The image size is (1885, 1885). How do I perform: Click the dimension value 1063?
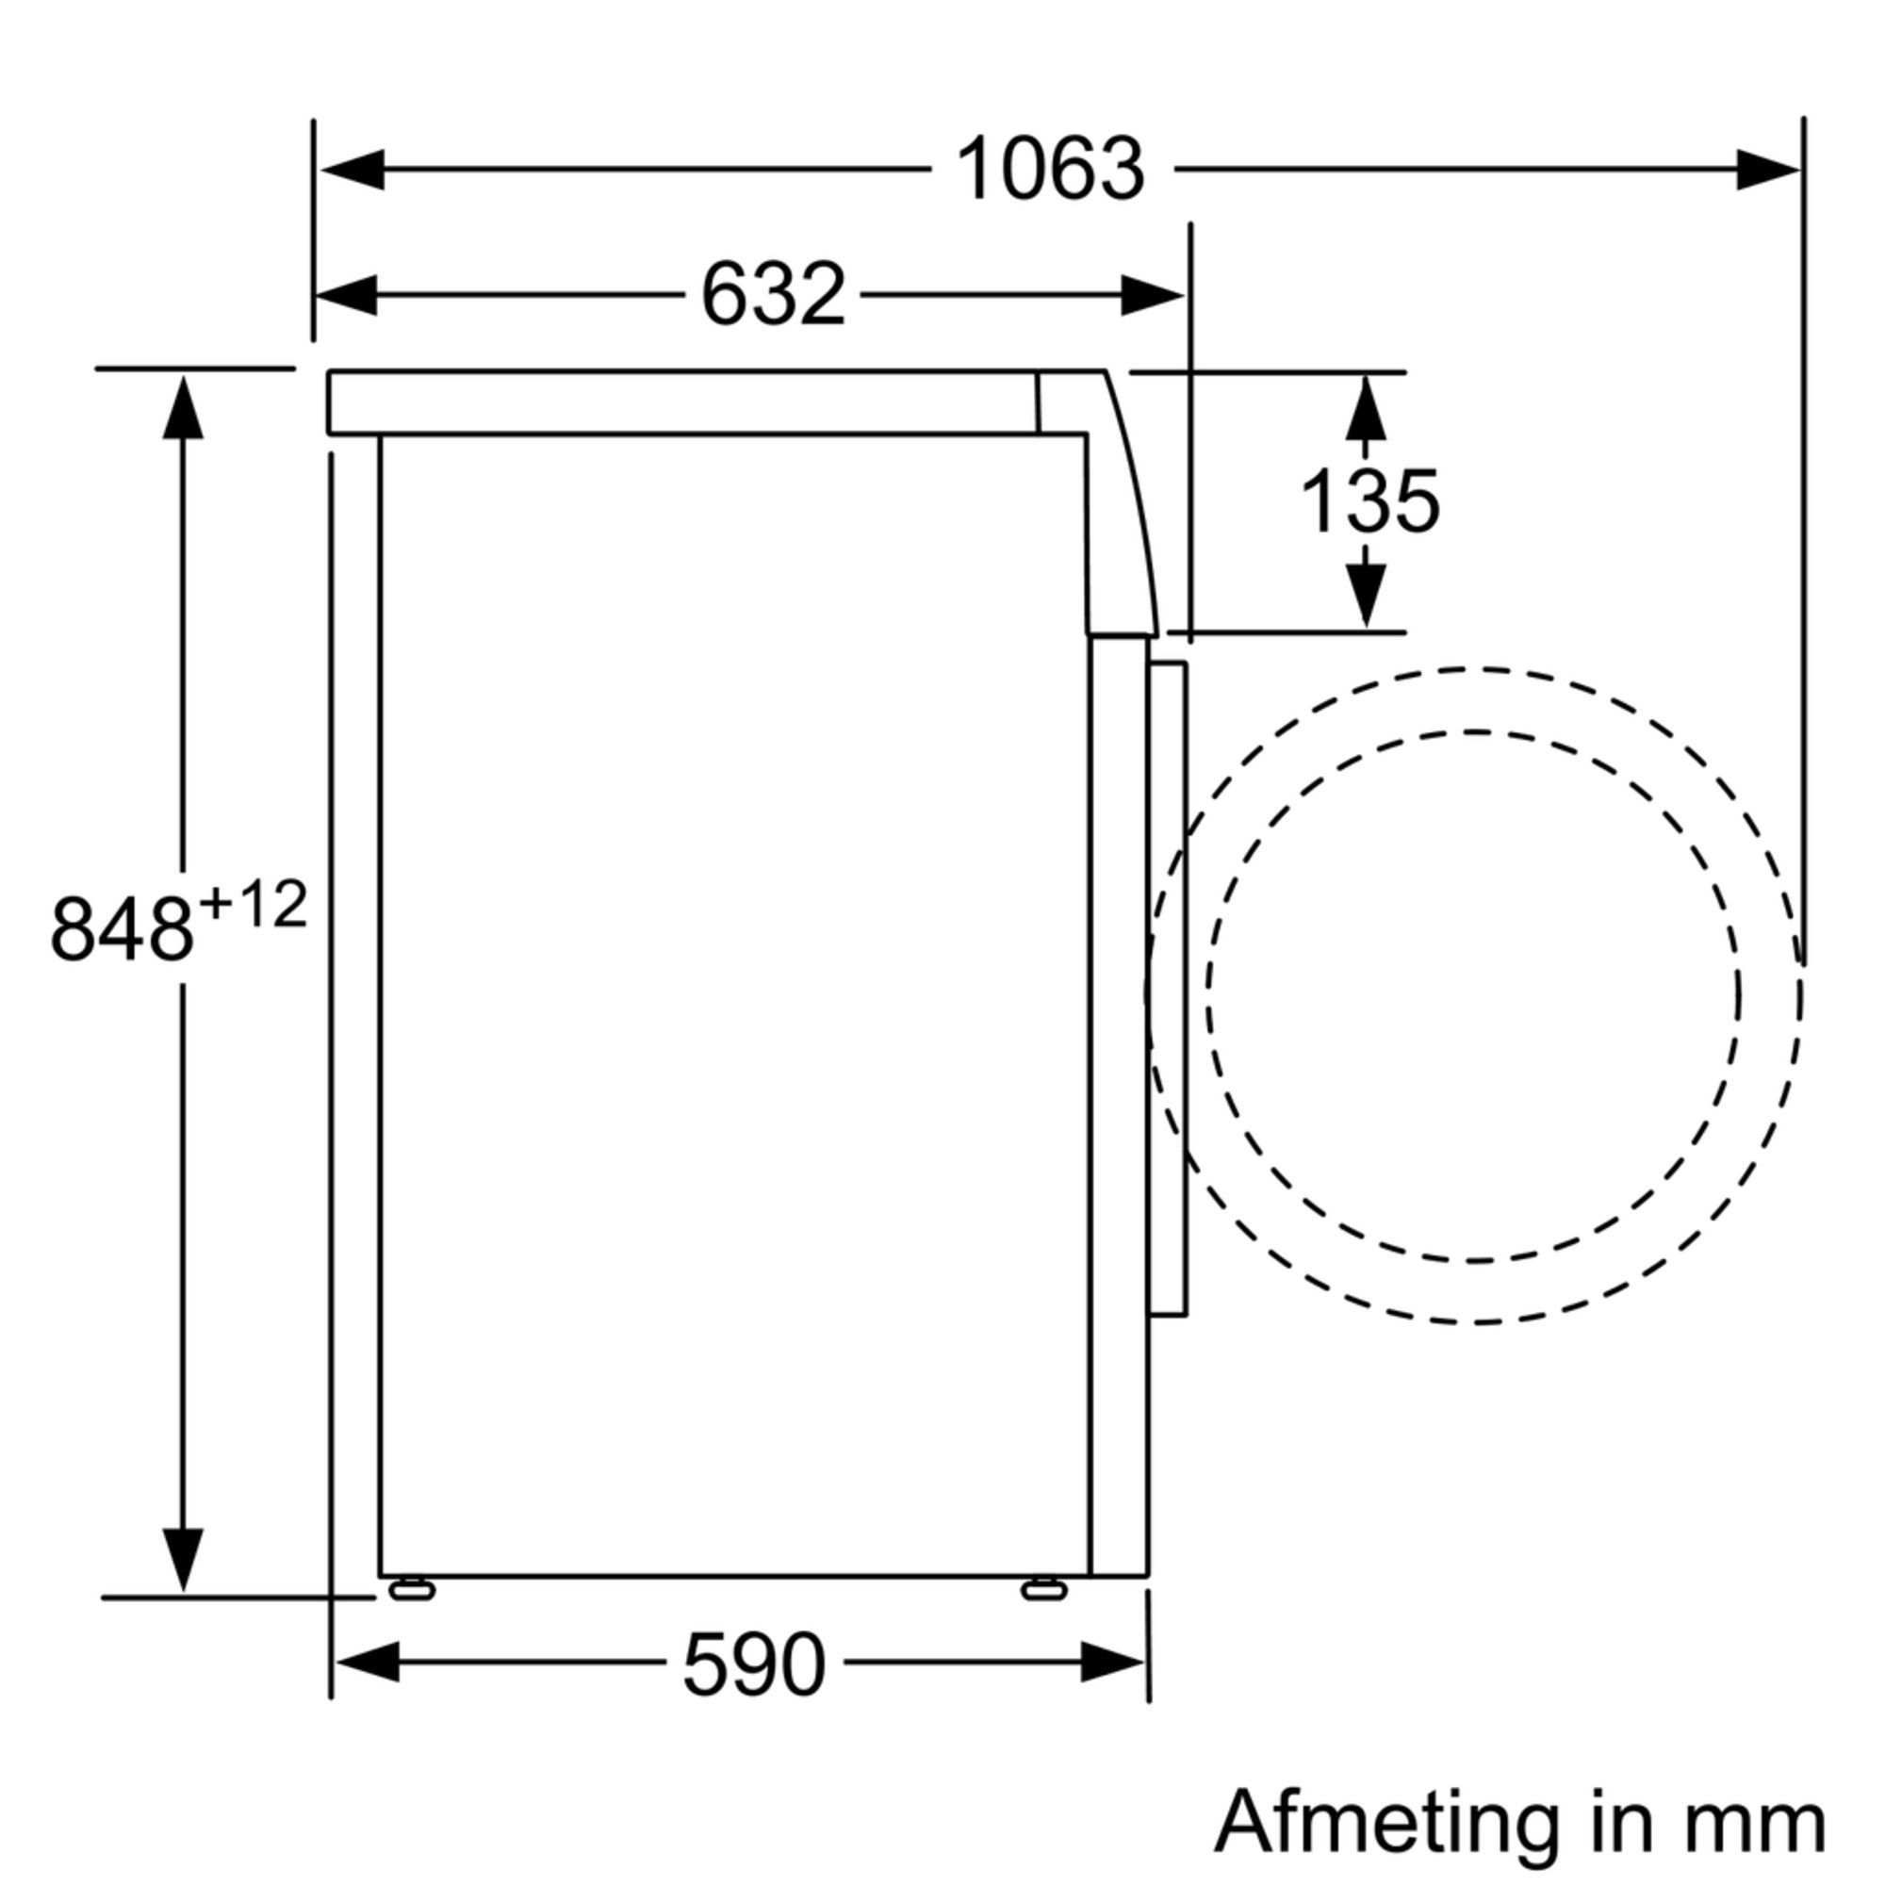click(1050, 170)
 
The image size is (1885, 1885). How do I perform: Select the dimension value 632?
click(773, 295)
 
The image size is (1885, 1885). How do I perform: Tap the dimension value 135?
click(1369, 501)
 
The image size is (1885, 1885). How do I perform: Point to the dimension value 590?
click(753, 1664)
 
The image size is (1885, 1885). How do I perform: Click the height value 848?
click(122, 930)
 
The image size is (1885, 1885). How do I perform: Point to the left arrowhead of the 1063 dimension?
click(353, 170)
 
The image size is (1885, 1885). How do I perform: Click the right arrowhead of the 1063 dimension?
click(1767, 170)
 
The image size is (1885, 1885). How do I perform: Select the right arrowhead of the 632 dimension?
click(1152, 295)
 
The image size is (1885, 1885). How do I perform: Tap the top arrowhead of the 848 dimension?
click(183, 408)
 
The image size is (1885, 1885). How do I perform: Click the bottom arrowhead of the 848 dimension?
click(183, 1558)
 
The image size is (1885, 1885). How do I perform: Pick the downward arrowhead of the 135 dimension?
click(1366, 595)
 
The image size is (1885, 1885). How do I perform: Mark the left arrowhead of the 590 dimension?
click(367, 1662)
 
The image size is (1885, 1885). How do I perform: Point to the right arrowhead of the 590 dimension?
click(1112, 1662)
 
